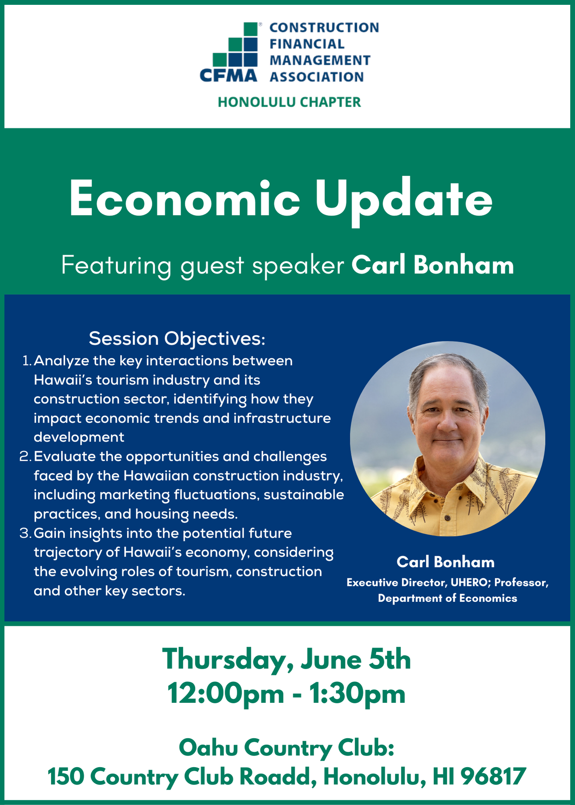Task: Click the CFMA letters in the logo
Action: (x=228, y=75)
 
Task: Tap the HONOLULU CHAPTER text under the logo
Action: (x=289, y=102)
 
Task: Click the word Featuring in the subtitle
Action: (x=116, y=266)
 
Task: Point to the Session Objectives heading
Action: (x=177, y=339)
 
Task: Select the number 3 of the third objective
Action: (x=25, y=533)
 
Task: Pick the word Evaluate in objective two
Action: (x=65, y=456)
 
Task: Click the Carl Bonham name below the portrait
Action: (x=445, y=562)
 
